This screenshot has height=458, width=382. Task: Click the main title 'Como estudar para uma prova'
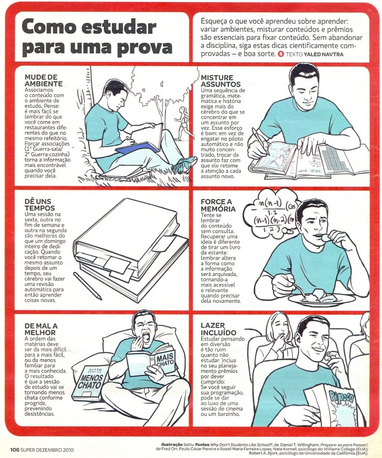pyautogui.click(x=97, y=37)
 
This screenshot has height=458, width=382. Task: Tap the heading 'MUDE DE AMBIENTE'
pyautogui.click(x=41, y=80)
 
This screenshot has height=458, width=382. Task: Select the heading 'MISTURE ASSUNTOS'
pyautogui.click(x=221, y=80)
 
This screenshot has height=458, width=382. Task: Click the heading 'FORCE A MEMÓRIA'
pyautogui.click(x=218, y=205)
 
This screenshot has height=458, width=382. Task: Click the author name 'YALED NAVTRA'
pyautogui.click(x=323, y=54)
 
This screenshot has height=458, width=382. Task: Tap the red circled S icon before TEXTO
pyautogui.click(x=281, y=54)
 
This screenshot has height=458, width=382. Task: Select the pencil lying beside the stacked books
pyautogui.click(x=88, y=285)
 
